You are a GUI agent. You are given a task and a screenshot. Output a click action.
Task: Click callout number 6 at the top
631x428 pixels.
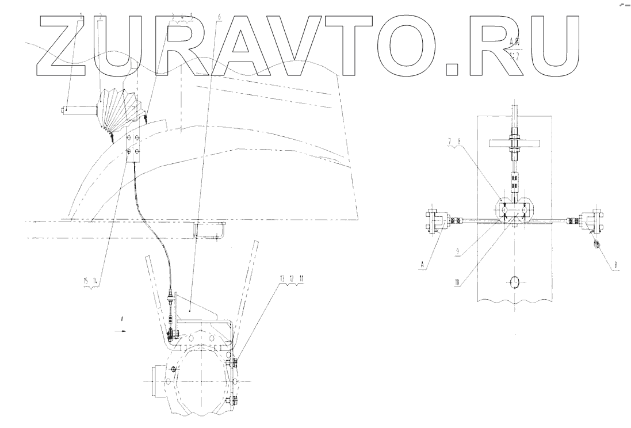tap(219, 16)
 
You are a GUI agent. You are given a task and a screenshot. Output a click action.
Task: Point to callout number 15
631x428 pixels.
tap(86, 280)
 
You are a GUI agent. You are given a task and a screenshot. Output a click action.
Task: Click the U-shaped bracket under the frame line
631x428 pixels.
tap(206, 231)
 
